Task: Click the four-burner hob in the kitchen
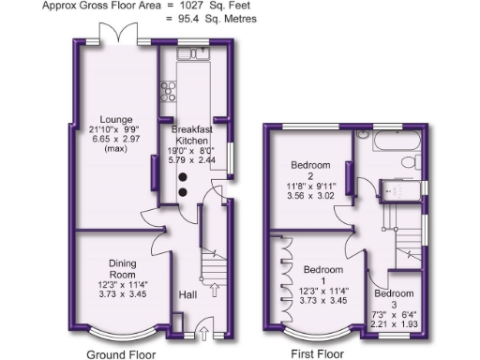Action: (170, 92)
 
